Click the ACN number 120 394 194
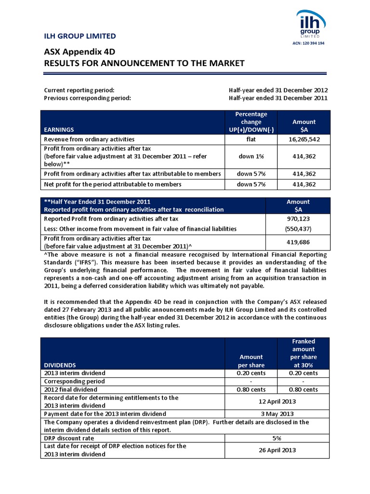tap(308, 43)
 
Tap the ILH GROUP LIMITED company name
tap(80, 36)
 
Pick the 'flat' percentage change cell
tap(251, 139)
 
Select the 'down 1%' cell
tap(251, 156)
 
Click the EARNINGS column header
tap(59, 130)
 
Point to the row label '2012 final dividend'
tap(70, 389)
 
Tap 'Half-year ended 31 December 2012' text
tap(278, 90)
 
